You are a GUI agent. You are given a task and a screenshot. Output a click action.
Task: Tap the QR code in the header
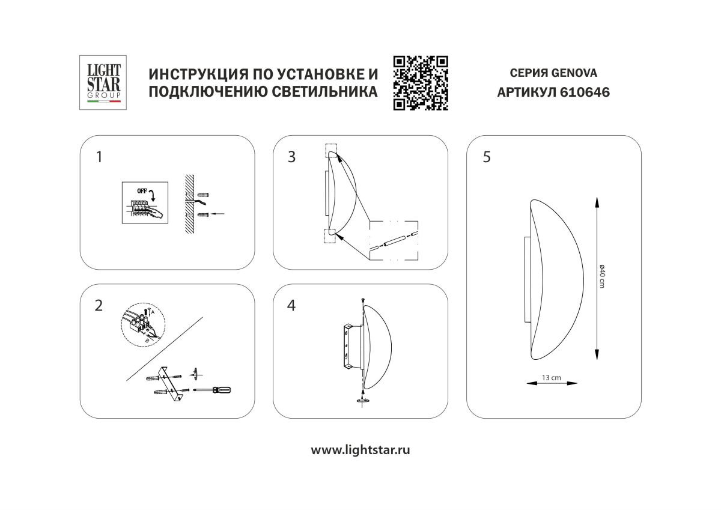click(x=421, y=83)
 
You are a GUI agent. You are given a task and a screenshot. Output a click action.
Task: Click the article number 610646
click(x=576, y=93)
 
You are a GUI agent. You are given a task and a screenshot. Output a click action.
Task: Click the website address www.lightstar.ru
click(x=360, y=450)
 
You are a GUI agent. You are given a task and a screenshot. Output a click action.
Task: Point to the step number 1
click(x=99, y=157)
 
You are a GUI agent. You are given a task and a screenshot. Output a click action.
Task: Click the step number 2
click(x=99, y=305)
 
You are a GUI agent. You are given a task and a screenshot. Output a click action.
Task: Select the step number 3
click(x=292, y=157)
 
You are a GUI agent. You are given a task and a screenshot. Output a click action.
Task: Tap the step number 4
click(x=292, y=305)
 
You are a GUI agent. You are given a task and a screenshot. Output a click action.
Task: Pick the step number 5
click(x=486, y=157)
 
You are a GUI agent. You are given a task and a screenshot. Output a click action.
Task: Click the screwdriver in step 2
click(x=214, y=390)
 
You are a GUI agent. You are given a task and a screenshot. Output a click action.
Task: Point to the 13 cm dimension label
click(x=551, y=378)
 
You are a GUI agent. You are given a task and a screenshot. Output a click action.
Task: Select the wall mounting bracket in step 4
click(x=348, y=347)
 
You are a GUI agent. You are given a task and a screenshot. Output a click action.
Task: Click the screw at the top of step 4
click(x=364, y=300)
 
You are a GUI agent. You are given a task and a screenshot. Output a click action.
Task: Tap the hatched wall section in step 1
click(x=188, y=204)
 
